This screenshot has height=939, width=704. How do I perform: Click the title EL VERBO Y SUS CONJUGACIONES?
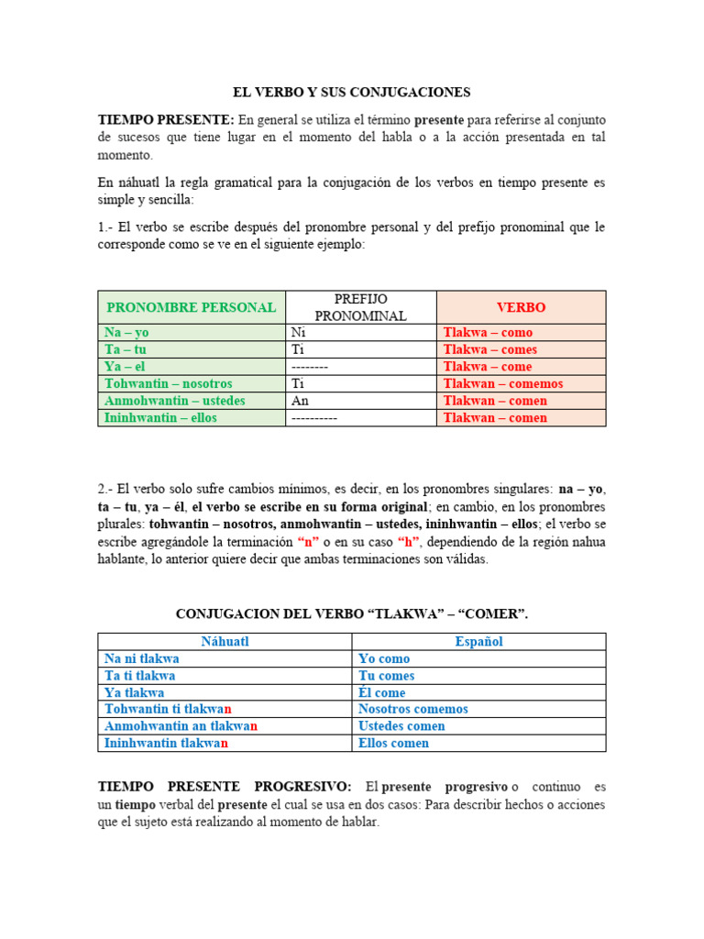[351, 92]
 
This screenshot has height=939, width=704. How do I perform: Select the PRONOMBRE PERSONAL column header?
[192, 307]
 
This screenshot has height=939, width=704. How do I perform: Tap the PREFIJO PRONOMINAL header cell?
[361, 307]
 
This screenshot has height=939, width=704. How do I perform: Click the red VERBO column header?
[521, 307]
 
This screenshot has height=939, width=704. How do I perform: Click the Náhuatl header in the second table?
[225, 642]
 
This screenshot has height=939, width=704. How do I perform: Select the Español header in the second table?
[478, 642]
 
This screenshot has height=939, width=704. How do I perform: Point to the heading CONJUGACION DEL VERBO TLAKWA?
[351, 614]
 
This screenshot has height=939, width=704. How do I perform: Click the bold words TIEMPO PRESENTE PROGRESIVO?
[225, 787]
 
